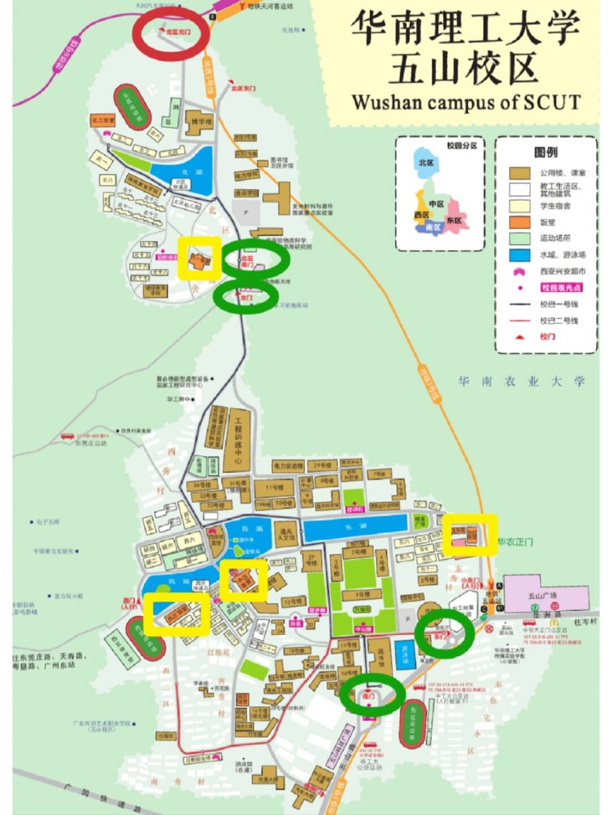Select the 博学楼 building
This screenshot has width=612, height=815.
198,123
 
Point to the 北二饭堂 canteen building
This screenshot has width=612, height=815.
103,120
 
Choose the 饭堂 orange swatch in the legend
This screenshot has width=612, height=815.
519,222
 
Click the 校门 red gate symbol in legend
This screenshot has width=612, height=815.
519,336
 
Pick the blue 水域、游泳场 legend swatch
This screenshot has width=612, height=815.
519,254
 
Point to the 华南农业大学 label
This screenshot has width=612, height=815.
521,381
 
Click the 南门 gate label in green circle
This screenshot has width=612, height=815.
369,697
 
